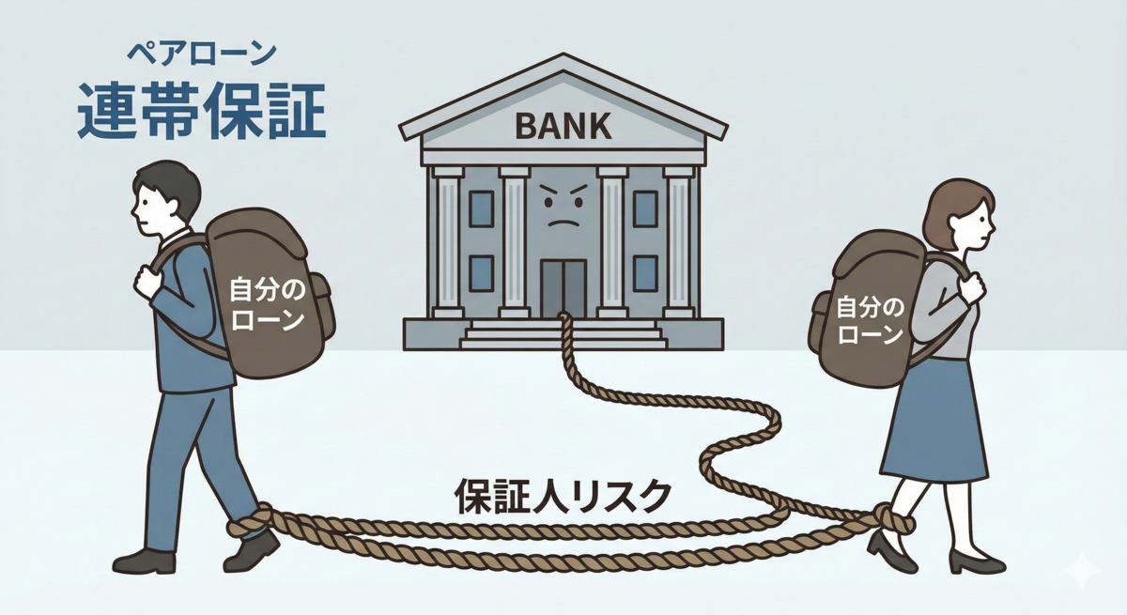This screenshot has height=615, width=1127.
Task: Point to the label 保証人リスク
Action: pos(563,495)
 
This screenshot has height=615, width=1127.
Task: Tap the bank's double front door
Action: pos(563,286)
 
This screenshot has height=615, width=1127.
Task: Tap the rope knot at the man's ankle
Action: pos(252,521)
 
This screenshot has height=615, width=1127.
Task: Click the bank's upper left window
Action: pos(481,208)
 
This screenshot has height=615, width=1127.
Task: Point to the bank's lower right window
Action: pos(645,272)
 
